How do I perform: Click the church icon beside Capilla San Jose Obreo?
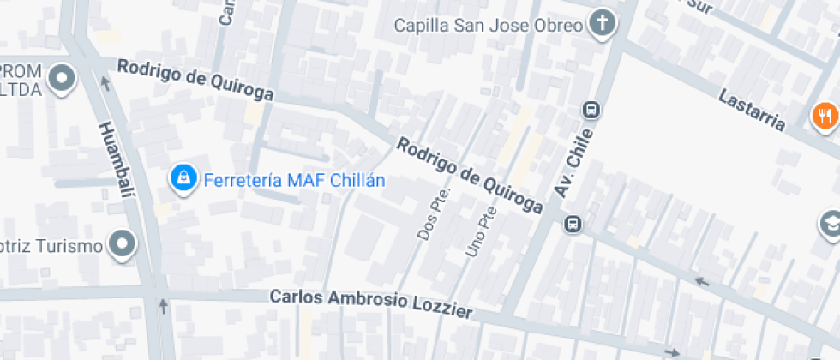(603, 25)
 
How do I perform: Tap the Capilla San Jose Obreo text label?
(489, 26)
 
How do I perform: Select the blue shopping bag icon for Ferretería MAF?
(182, 179)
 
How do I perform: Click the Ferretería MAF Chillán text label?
(294, 181)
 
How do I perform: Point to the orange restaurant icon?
(825, 115)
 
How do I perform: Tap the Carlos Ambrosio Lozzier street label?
(371, 303)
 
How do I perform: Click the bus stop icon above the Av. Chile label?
(591, 110)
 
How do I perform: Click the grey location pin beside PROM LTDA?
(62, 81)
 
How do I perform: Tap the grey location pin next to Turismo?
(123, 245)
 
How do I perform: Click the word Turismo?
(69, 246)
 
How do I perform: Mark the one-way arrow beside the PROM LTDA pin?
(105, 83)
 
